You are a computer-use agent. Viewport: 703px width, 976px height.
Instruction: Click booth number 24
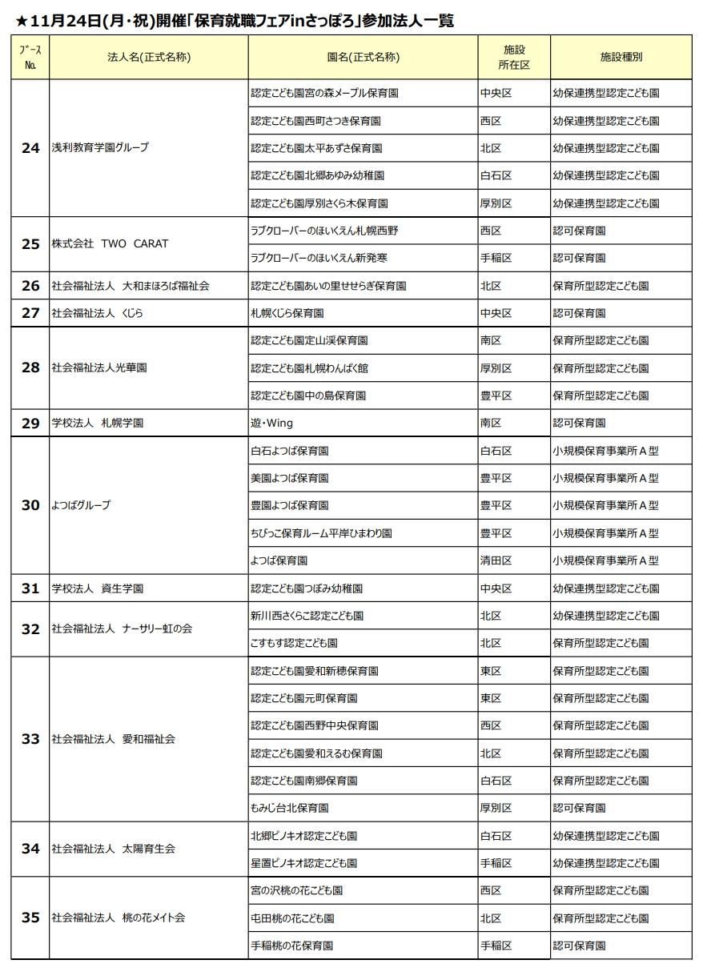click(30, 148)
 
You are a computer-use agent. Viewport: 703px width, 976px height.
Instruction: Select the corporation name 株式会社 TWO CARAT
click(110, 244)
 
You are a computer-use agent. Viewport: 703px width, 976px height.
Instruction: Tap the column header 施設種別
click(621, 57)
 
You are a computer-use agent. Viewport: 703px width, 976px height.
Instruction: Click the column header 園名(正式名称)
click(364, 57)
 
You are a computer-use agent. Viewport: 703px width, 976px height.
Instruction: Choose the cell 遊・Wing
click(271, 423)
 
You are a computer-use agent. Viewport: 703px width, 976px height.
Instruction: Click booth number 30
click(30, 505)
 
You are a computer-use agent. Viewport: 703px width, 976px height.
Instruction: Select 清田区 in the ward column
click(496, 560)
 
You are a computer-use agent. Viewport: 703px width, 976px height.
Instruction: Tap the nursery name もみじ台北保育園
click(289, 808)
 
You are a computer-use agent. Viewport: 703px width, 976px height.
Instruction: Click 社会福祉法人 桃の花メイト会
click(118, 918)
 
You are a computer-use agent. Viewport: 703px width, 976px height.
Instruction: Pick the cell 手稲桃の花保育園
click(291, 946)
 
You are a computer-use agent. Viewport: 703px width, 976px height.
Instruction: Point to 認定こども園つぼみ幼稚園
click(307, 588)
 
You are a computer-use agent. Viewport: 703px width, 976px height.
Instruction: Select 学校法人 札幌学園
click(98, 423)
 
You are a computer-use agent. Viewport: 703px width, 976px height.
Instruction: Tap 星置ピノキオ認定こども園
click(303, 863)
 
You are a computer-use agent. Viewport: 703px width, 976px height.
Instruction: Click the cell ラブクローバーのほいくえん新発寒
click(324, 258)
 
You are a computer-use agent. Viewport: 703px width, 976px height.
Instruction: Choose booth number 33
click(30, 739)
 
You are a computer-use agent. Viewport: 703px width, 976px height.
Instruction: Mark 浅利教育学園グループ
click(100, 148)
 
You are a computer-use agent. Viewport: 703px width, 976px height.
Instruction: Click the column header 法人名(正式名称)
click(149, 57)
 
